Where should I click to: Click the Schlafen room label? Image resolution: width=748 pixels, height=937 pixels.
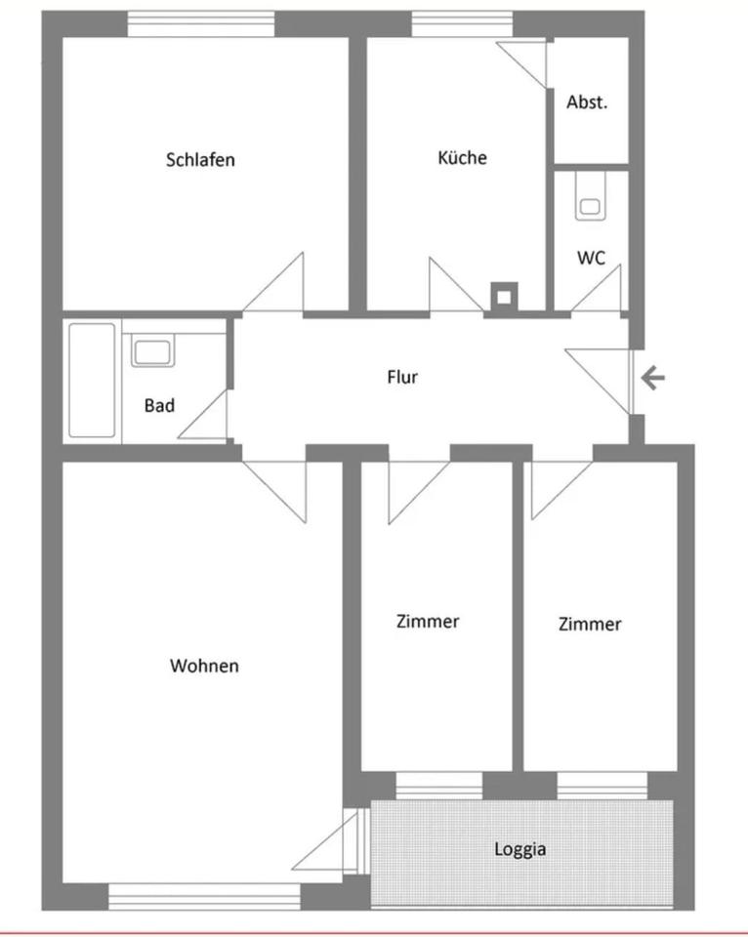click(x=200, y=159)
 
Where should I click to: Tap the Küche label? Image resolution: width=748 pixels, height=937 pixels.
click(x=462, y=157)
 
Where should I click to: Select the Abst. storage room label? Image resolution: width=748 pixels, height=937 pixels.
click(x=587, y=102)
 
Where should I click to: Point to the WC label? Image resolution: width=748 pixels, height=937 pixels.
click(x=591, y=258)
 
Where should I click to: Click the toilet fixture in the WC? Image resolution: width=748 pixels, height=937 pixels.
click(x=590, y=196)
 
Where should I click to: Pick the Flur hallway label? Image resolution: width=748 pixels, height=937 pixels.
click(x=402, y=377)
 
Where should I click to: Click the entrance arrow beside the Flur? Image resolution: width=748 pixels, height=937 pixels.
click(x=653, y=378)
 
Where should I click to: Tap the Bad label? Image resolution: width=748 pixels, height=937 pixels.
click(x=159, y=406)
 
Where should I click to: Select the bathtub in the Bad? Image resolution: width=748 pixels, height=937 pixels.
click(x=92, y=381)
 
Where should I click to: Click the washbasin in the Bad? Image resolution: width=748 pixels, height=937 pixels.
click(x=152, y=350)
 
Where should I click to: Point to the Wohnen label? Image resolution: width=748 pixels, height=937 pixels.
click(x=204, y=666)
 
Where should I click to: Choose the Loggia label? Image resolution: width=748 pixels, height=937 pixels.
click(x=520, y=849)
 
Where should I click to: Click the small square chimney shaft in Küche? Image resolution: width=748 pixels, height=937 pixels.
click(x=504, y=297)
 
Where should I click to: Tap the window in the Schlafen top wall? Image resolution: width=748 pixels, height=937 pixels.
click(x=201, y=23)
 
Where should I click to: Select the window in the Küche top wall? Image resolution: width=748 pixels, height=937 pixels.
click(x=462, y=23)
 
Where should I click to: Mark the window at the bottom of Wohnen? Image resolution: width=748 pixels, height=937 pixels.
click(x=204, y=897)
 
